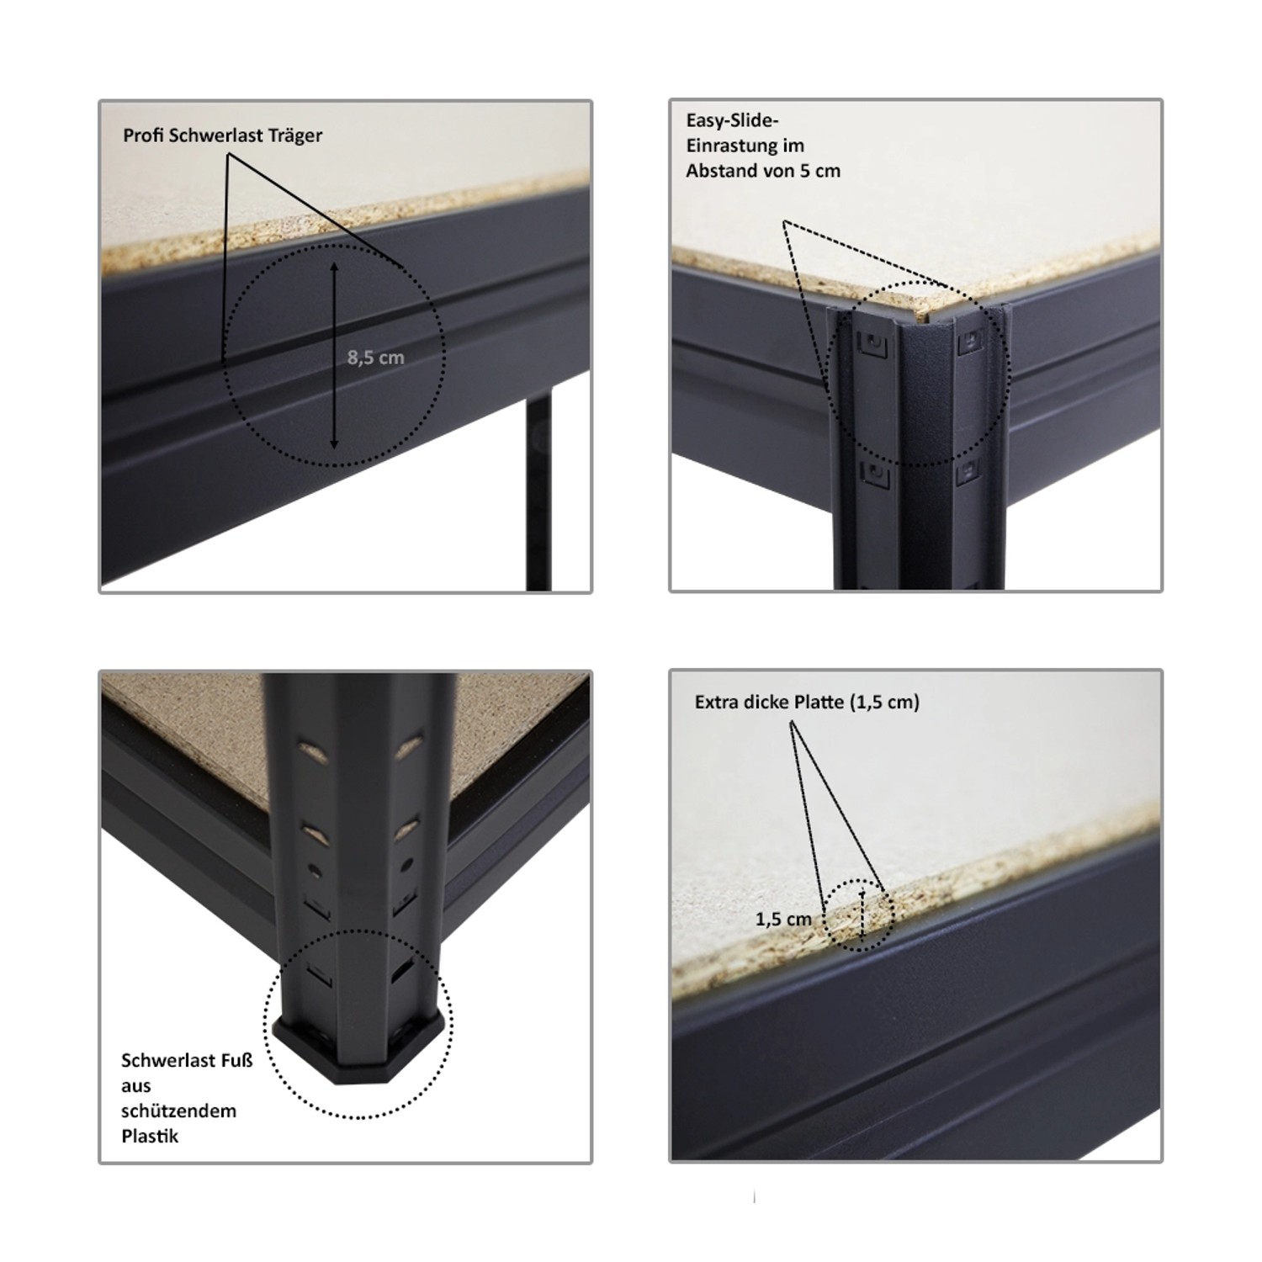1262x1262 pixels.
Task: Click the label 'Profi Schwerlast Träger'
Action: pyautogui.click(x=222, y=135)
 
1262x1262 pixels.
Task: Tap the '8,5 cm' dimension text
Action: pyautogui.click(x=375, y=358)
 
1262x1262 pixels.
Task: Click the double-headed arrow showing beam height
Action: pyautogui.click(x=334, y=355)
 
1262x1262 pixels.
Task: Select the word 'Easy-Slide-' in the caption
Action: pyautogui.click(x=732, y=121)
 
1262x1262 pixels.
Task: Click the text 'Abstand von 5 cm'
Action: pyautogui.click(x=763, y=171)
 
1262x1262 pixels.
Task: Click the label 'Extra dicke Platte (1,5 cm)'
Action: pyautogui.click(x=807, y=702)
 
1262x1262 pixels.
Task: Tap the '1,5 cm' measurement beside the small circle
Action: pyautogui.click(x=783, y=919)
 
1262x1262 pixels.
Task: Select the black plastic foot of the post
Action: pyautogui.click(x=358, y=1053)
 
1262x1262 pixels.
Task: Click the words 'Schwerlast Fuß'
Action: pyautogui.click(x=187, y=1060)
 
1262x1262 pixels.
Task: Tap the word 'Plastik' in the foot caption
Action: pyautogui.click(x=150, y=1136)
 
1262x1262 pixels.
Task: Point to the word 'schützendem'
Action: pyautogui.click(x=178, y=1111)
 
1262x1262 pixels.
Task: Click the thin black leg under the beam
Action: pyautogui.click(x=539, y=494)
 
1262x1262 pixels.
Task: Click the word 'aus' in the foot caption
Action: pyautogui.click(x=135, y=1086)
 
